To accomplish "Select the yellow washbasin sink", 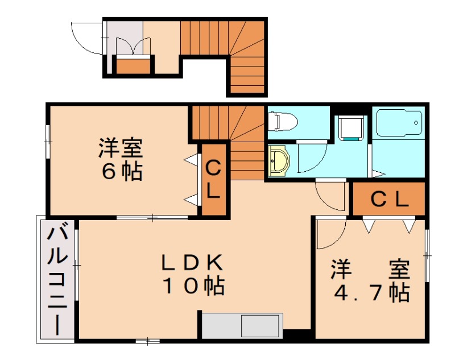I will (x=278, y=161).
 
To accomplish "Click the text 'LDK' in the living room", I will (x=191, y=262).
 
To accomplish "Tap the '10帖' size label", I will (x=193, y=286).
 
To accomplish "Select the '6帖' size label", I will (x=121, y=171).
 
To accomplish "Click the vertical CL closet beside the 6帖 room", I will (x=213, y=179).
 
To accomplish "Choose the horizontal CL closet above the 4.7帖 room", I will (x=389, y=199).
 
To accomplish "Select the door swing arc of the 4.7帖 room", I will (x=329, y=233).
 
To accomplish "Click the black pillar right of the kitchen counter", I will (x=297, y=335).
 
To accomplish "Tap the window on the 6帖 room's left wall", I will (x=48, y=139).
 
